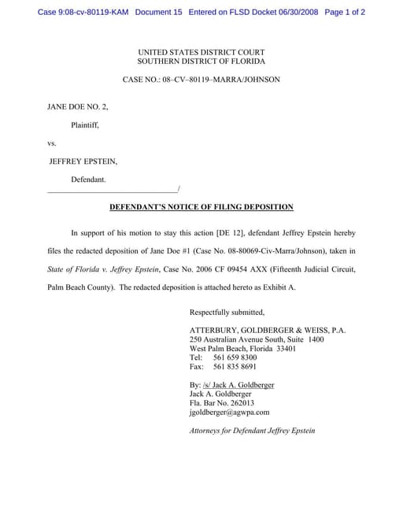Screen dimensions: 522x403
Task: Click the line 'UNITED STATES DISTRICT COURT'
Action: click(x=201, y=52)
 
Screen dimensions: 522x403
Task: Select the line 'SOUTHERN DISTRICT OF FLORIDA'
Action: click(x=201, y=61)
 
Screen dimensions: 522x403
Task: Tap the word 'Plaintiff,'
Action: click(x=85, y=124)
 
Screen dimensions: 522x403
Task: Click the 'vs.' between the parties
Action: click(x=52, y=143)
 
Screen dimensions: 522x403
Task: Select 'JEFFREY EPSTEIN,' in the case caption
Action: click(x=83, y=161)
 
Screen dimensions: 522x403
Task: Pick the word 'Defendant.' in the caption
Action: click(x=88, y=180)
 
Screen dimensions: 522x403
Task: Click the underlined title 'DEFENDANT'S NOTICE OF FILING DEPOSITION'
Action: click(x=201, y=207)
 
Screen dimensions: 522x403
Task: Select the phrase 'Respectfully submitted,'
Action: click(x=227, y=312)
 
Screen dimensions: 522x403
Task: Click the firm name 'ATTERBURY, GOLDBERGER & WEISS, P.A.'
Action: click(x=268, y=331)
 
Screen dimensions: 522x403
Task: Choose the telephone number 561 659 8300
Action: click(x=235, y=357)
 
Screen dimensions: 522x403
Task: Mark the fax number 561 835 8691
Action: click(x=235, y=367)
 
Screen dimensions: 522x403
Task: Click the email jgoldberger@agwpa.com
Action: click(x=229, y=412)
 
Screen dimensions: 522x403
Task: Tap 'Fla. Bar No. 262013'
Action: click(x=222, y=402)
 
